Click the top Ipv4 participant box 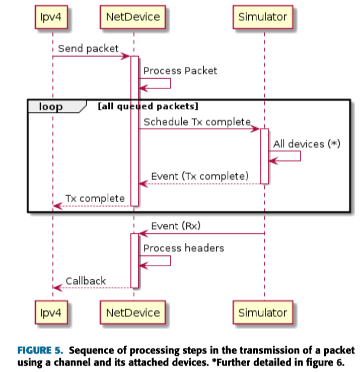[53, 17]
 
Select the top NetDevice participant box [133, 17]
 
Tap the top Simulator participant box [263, 17]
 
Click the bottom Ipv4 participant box [53, 313]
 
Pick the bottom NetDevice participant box [133, 313]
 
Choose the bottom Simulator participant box [263, 313]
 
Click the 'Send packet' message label [88, 49]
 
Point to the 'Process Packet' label [180, 71]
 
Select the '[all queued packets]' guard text [148, 106]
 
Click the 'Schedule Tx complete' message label [197, 122]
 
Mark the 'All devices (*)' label [307, 144]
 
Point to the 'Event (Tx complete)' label [200, 176]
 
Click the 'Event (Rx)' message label [176, 226]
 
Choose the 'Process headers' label [183, 248]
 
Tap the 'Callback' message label [86, 281]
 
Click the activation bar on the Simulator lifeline [264, 156]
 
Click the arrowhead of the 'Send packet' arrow [127, 56]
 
